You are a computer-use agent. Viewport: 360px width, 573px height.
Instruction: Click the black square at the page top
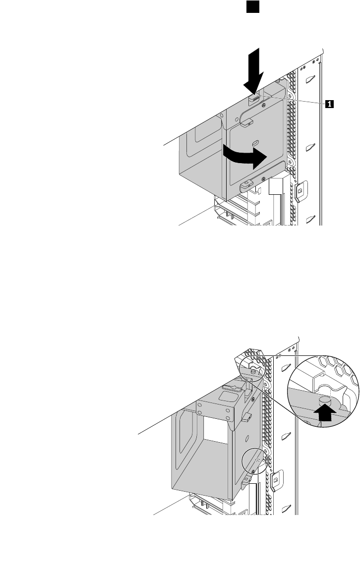tap(251, 6)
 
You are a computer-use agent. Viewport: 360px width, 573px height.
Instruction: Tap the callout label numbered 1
tap(328, 104)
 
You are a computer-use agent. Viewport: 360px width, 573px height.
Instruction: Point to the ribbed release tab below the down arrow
tap(254, 98)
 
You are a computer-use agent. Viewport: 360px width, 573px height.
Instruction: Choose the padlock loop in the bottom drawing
tap(276, 479)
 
